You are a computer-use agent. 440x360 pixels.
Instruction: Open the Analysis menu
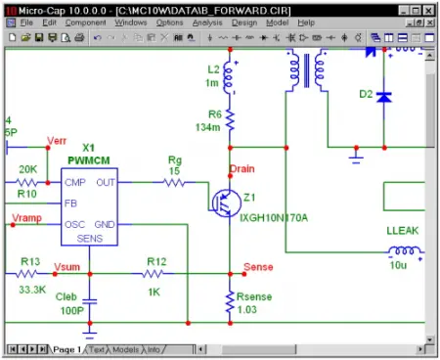(x=206, y=22)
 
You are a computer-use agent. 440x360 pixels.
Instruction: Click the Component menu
(x=85, y=22)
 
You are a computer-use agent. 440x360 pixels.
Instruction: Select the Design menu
(x=243, y=22)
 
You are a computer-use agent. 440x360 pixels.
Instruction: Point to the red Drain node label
(x=242, y=169)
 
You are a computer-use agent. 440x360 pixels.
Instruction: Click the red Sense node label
(x=257, y=266)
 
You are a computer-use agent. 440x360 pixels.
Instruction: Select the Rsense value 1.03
(x=247, y=310)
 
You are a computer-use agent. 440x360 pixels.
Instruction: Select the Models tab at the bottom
(x=125, y=349)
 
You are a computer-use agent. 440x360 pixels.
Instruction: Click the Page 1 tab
(x=66, y=349)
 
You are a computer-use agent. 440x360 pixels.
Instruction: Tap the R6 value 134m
(x=208, y=127)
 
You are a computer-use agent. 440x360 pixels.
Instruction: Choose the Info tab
(x=155, y=349)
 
